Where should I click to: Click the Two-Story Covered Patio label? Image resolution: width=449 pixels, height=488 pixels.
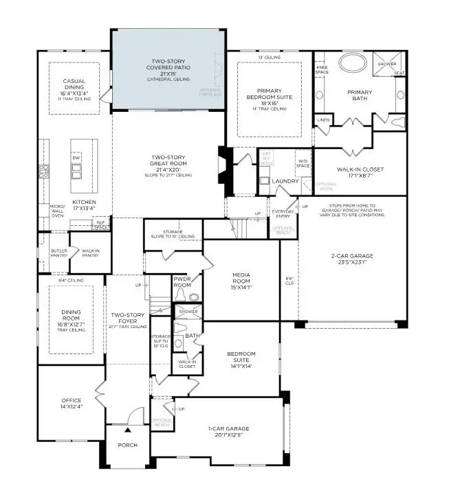pyautogui.click(x=169, y=68)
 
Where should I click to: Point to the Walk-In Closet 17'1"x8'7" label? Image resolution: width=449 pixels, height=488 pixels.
pyautogui.click(x=360, y=173)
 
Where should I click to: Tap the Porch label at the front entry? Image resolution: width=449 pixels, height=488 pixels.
pyautogui.click(x=127, y=445)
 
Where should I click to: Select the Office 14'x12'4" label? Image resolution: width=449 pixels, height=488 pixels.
pyautogui.click(x=71, y=404)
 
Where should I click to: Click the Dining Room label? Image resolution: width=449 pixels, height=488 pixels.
pyautogui.click(x=71, y=320)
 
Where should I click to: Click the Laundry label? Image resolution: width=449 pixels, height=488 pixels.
pyautogui.click(x=284, y=181)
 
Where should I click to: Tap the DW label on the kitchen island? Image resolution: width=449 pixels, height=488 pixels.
pyautogui.click(x=76, y=158)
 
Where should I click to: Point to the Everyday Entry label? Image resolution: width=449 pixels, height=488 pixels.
pyautogui.click(x=282, y=213)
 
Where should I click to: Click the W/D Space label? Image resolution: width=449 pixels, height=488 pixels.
pyautogui.click(x=302, y=164)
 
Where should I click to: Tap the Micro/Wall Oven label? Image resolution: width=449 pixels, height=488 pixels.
pyautogui.click(x=58, y=210)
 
